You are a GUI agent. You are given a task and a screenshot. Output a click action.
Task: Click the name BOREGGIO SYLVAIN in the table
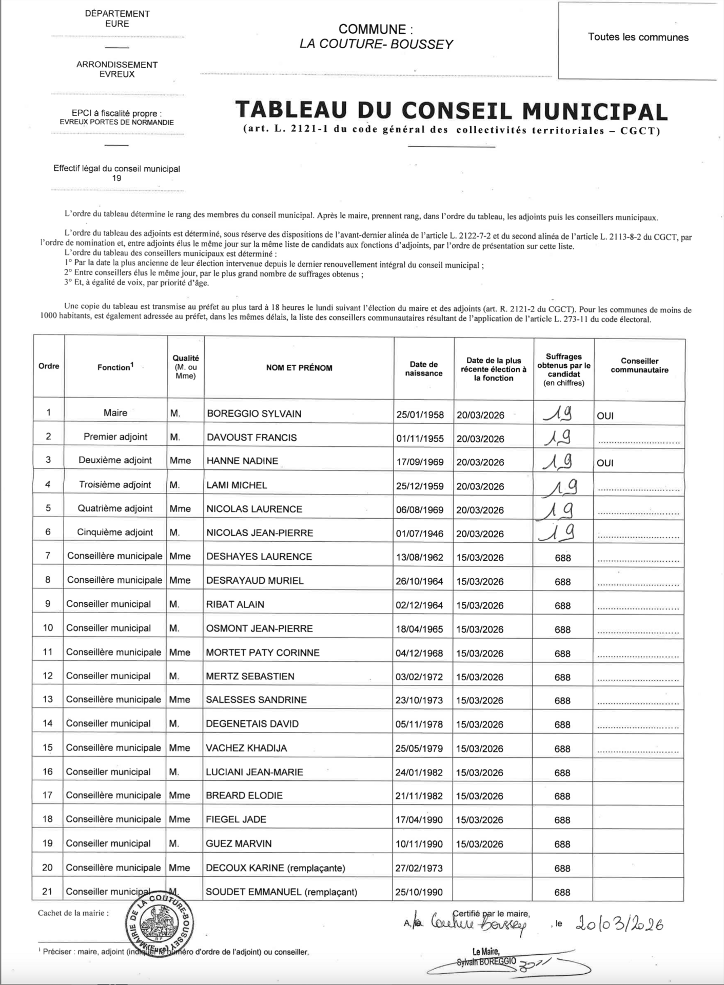coord(254,414)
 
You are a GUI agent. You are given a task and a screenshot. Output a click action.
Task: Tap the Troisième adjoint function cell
coord(115,485)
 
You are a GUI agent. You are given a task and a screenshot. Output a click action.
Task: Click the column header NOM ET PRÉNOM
coord(299,368)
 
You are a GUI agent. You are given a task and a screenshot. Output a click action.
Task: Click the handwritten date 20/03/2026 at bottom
coord(619,924)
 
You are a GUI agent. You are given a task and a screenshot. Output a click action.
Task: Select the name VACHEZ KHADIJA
coord(246,748)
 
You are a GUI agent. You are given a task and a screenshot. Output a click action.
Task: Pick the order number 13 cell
coord(48,700)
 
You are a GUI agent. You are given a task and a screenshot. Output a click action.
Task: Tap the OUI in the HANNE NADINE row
coord(605,463)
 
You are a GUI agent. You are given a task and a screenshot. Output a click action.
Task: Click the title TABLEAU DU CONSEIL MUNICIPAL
coord(452,111)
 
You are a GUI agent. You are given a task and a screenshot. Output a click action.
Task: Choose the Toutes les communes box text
coord(638,37)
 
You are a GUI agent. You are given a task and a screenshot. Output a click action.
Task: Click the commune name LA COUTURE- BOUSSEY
coord(376,44)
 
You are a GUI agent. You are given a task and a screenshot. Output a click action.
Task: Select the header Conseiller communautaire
coord(639,366)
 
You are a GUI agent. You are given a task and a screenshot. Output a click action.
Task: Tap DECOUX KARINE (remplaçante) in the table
coord(275,868)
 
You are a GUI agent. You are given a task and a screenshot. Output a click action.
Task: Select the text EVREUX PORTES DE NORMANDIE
coord(116,123)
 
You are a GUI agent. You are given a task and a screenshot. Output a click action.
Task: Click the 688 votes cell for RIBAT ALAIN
coord(562,606)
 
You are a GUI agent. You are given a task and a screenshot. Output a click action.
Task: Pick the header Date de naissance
coord(423,369)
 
